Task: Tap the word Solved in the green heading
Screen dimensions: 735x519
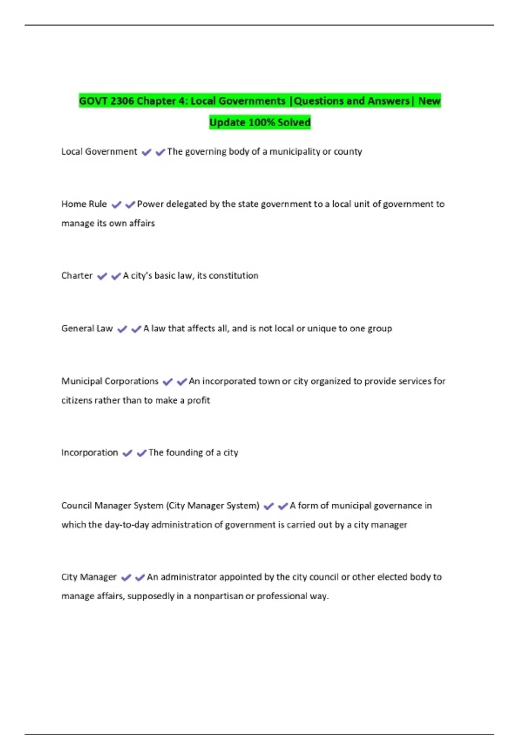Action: pos(294,123)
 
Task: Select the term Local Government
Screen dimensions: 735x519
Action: pos(99,152)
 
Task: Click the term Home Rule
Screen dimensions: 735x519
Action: pos(84,204)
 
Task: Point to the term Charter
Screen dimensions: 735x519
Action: pos(77,276)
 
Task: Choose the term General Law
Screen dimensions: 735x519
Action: pos(87,329)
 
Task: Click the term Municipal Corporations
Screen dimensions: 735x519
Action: pos(110,381)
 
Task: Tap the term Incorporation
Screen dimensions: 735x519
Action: pos(90,453)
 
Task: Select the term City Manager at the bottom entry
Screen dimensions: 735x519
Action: pos(89,577)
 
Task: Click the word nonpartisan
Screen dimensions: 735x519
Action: pos(218,596)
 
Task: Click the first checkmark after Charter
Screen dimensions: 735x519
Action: pos(102,276)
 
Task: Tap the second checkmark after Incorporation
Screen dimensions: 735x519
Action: pos(141,453)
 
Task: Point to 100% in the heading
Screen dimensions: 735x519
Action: pos(262,123)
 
